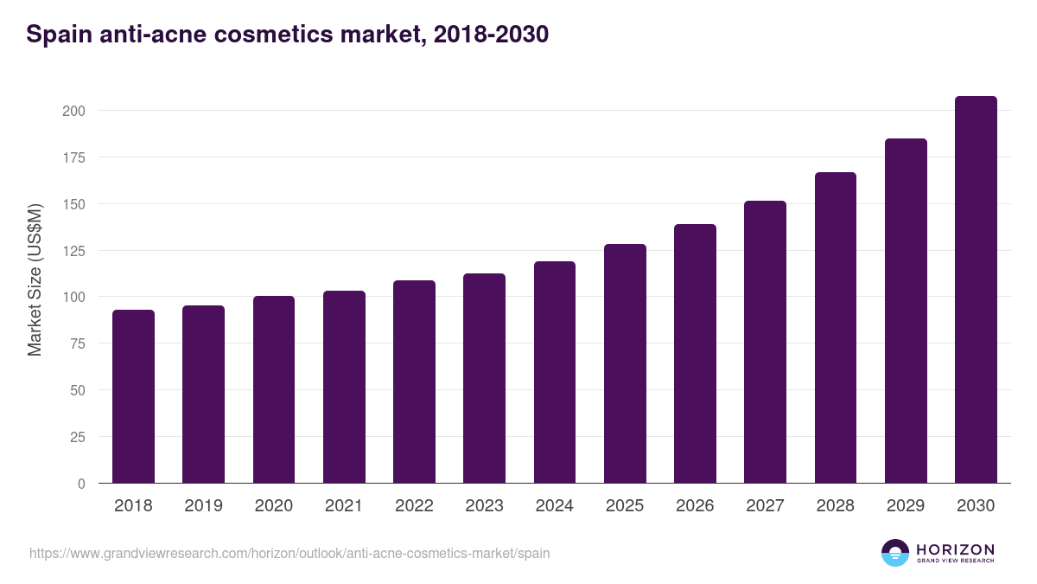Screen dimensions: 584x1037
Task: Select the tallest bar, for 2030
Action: (x=976, y=290)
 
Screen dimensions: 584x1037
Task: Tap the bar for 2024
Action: (x=555, y=372)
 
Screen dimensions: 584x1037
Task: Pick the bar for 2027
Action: (x=765, y=342)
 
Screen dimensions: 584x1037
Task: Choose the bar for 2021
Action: (x=344, y=387)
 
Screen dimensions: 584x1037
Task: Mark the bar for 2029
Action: (x=906, y=311)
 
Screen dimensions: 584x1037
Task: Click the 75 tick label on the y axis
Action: (x=78, y=343)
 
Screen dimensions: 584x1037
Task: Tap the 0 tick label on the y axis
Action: (x=81, y=484)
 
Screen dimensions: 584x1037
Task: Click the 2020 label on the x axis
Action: (x=273, y=506)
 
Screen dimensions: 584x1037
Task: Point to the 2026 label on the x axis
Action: (x=695, y=506)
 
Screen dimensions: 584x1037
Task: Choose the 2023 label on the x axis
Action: (x=484, y=506)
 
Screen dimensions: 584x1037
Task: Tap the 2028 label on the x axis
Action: (x=835, y=506)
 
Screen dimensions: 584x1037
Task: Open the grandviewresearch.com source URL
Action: (x=289, y=553)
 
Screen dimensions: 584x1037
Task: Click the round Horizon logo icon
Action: (x=895, y=553)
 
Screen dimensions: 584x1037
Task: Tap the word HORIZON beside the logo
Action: (x=955, y=549)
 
